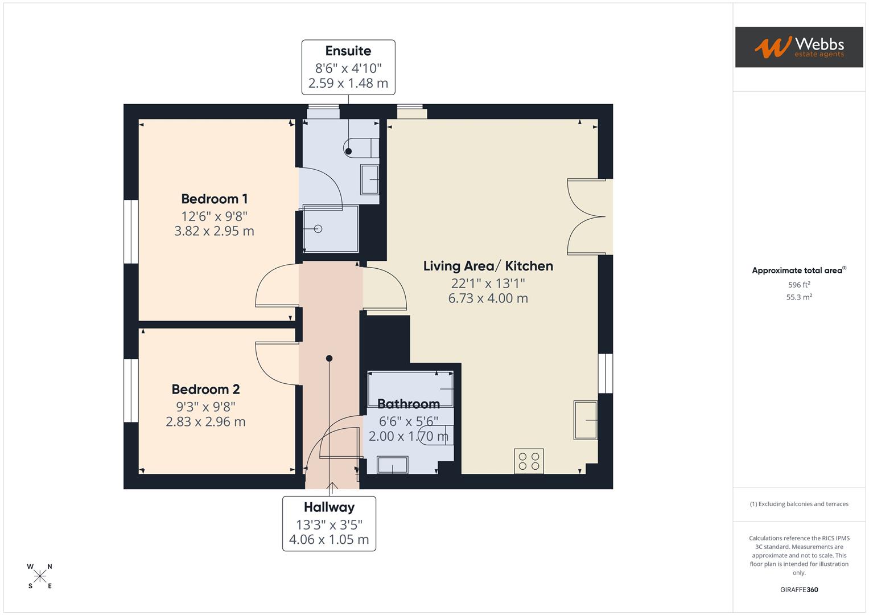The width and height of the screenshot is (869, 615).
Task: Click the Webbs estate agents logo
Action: coord(798,47)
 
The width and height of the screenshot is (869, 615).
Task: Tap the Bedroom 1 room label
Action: coord(214,199)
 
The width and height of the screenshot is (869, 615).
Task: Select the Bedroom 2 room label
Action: coord(205,389)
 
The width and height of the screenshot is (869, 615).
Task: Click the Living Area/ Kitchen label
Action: coord(488,266)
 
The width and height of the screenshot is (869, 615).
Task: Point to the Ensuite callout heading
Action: coord(348,51)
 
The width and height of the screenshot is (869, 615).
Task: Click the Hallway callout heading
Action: coord(329,507)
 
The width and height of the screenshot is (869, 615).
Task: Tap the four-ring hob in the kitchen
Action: coord(529,461)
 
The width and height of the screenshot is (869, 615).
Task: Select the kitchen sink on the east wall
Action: coord(585,420)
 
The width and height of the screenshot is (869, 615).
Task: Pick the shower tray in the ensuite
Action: coord(330,228)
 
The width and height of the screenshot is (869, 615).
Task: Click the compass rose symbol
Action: coord(40,576)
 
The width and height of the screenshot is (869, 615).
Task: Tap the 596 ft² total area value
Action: coord(798,285)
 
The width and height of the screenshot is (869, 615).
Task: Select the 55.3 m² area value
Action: coord(798,297)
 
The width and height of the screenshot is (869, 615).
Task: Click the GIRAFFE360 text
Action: coord(798,590)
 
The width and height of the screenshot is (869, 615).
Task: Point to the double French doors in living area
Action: coord(587,216)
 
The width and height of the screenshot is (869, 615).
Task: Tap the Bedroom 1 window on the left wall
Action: coord(131,231)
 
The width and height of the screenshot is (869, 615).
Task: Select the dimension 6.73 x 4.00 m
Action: coord(488,298)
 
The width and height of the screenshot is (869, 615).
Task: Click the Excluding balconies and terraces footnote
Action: coord(798,504)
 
